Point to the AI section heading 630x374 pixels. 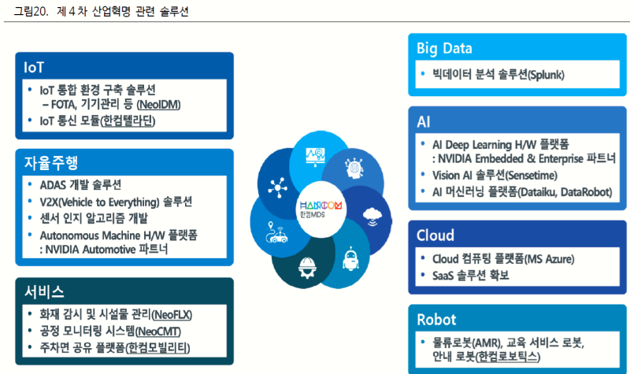coord(424,121)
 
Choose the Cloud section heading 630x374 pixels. coord(435,235)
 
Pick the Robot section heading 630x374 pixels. coord(436,320)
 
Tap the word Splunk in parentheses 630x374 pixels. coord(546,76)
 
